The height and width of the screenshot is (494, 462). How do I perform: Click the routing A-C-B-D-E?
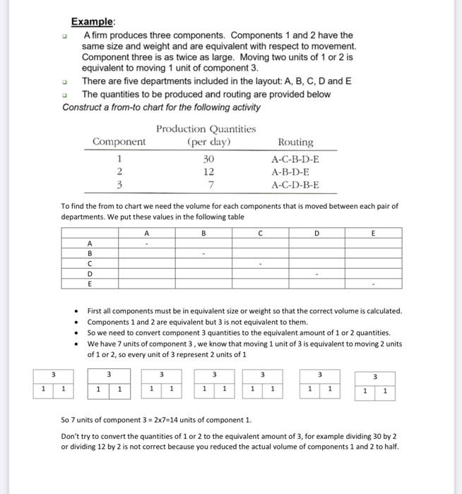(x=295, y=159)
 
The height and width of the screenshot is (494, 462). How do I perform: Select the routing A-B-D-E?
(x=290, y=171)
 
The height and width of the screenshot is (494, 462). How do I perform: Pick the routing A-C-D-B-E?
(x=295, y=185)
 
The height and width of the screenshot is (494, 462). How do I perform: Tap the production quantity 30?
(x=208, y=159)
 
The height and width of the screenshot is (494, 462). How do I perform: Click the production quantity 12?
(x=208, y=171)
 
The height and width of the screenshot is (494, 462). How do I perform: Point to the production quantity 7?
(x=208, y=185)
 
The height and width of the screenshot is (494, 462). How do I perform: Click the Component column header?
(x=119, y=142)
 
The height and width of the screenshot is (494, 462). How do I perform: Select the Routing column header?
(x=296, y=142)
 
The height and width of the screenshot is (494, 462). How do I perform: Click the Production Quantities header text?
(x=206, y=128)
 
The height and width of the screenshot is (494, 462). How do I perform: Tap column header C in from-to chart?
(x=260, y=232)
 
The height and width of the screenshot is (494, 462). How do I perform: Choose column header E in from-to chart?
(x=374, y=232)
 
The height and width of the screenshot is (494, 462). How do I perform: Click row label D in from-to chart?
(x=90, y=274)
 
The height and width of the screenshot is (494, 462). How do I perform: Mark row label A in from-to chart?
(x=90, y=242)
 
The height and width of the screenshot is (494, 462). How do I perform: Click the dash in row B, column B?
(x=203, y=253)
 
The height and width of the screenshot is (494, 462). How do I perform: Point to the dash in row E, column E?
(x=374, y=284)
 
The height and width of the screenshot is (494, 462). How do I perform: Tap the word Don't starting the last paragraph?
(x=73, y=436)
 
